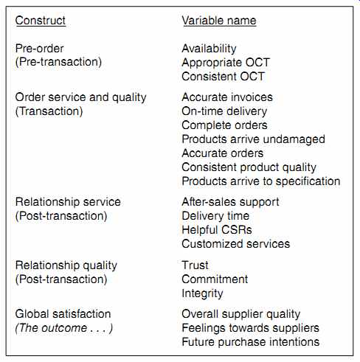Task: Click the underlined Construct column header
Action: pos(41,21)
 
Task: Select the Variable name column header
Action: pos(219,21)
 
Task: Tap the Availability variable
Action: pos(209,49)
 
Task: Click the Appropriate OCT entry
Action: pos(226,63)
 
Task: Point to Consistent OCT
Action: pos(223,77)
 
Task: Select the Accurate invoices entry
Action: pos(227,97)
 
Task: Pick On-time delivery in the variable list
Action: pos(224,111)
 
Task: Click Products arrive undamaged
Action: pos(253,139)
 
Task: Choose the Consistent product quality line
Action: pos(249,167)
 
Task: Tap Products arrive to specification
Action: pos(261,181)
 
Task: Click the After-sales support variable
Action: pos(230,202)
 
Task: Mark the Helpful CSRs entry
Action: pos(217,230)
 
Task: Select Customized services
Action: pos(236,244)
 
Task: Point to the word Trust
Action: pos(195,265)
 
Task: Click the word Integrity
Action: pos(202,293)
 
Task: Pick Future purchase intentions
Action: pos(250,342)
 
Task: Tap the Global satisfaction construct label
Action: pos(63,314)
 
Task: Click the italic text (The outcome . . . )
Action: pos(64,328)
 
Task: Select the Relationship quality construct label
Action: pos(66,265)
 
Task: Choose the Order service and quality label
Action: pos(80,97)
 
